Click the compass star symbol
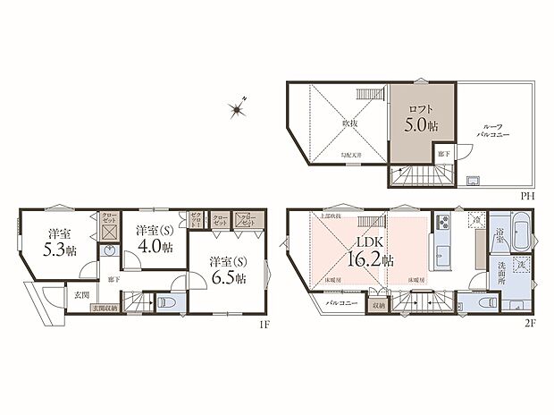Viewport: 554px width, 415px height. (238, 110)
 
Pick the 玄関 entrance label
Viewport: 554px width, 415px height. (81, 293)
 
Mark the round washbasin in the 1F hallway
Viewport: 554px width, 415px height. (108, 252)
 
